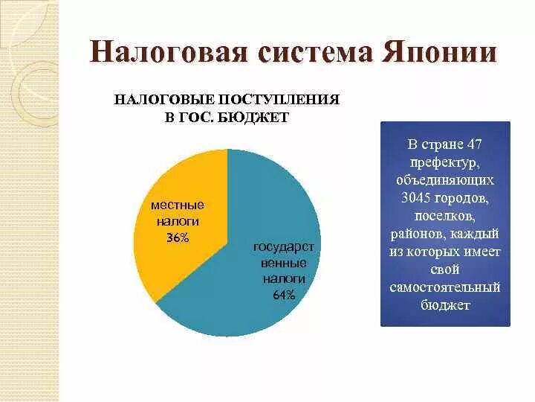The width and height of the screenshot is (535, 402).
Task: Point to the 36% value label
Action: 178,237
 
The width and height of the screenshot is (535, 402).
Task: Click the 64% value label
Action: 284,295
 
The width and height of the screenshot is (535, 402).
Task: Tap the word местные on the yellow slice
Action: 177,205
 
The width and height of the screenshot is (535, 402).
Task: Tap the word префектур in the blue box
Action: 445,162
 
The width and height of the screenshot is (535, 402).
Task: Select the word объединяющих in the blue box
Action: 445,179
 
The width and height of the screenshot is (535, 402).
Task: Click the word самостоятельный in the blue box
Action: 445,287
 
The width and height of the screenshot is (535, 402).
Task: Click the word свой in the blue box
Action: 445,269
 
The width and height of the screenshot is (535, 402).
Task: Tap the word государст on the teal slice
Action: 284,246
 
